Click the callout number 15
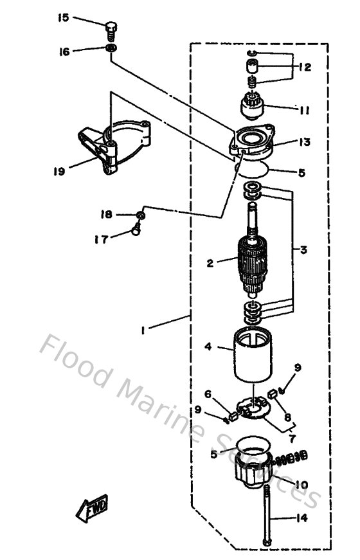63,18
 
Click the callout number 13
305,142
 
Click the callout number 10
302,483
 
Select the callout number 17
100,240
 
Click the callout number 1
143,330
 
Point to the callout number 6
208,393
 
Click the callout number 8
287,417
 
